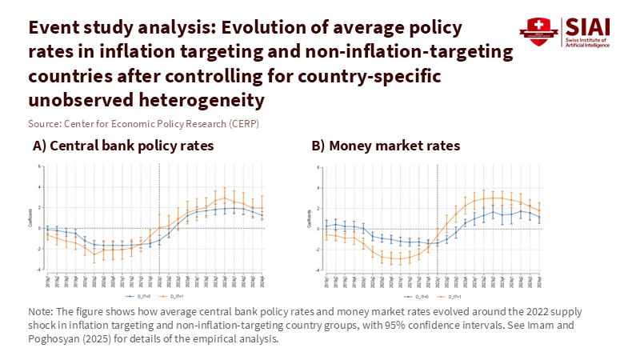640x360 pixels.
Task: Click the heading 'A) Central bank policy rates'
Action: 122,146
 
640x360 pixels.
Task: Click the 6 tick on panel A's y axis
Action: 38,166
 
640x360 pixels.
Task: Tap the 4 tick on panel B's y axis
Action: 319,188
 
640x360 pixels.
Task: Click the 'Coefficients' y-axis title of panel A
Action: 31,218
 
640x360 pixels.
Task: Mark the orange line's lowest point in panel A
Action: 95,255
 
